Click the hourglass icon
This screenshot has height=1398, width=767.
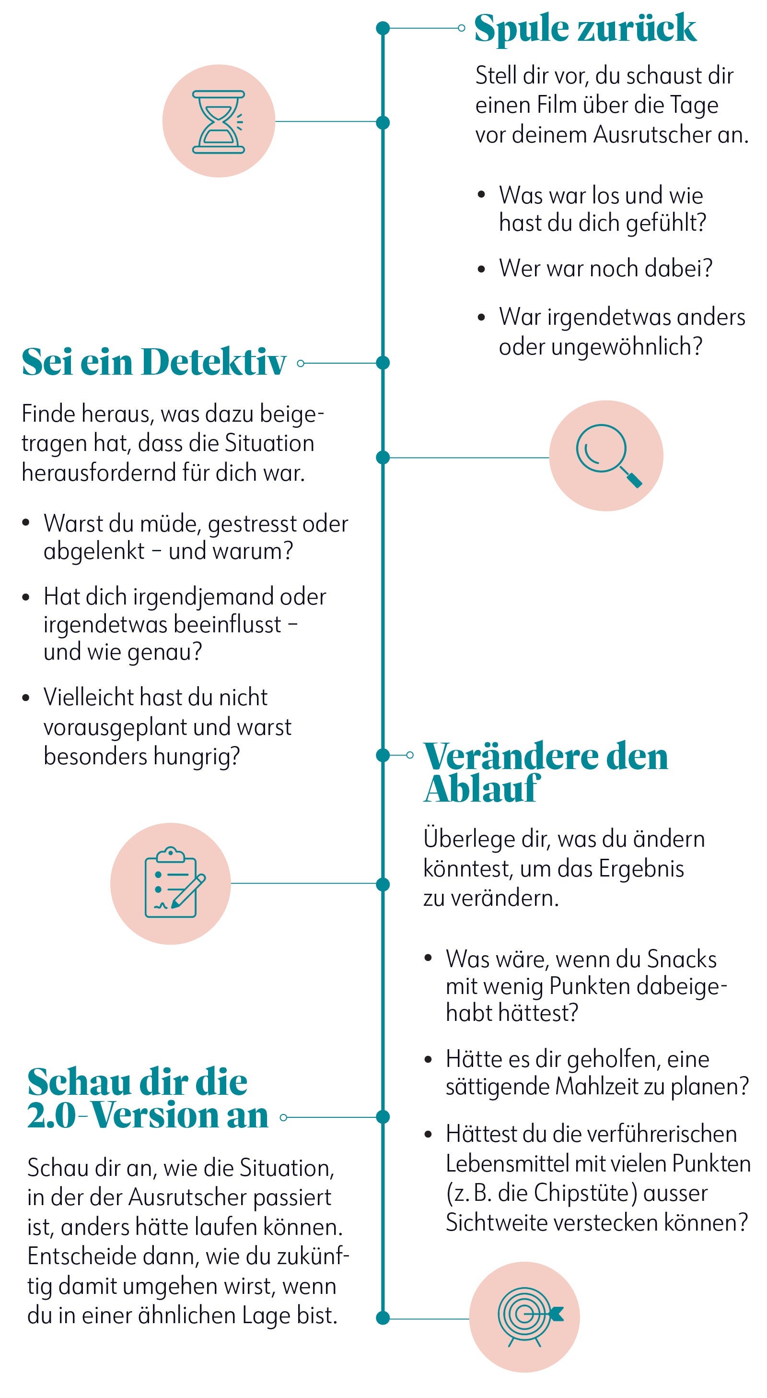click(x=219, y=121)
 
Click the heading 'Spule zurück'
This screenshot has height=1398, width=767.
click(x=585, y=28)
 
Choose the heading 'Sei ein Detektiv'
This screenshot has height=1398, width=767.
click(x=153, y=362)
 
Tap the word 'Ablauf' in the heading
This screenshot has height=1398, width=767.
click(x=481, y=789)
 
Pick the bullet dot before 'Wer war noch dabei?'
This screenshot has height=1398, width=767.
click(x=481, y=269)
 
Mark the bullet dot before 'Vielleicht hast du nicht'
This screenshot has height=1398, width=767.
click(x=25, y=698)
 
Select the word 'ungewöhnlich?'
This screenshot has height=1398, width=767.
click(x=627, y=346)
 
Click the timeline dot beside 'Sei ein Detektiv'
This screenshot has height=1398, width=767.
click(x=383, y=363)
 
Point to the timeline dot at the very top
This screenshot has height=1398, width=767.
click(x=383, y=28)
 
